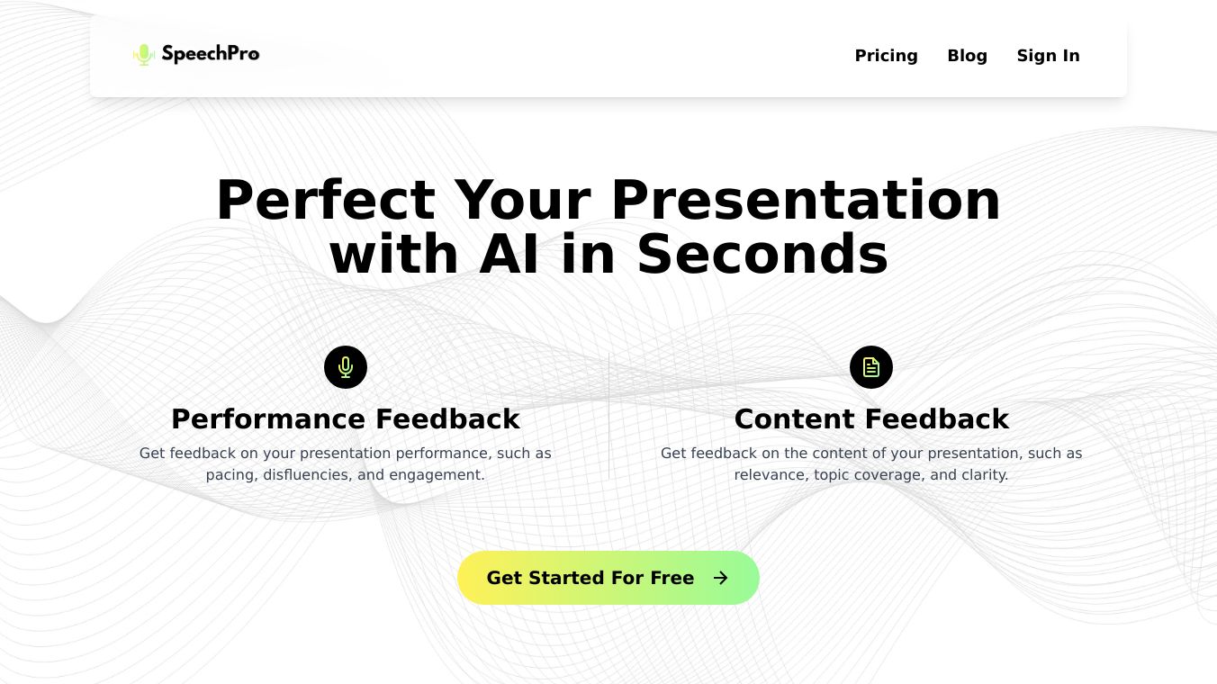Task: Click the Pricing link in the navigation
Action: [x=886, y=56]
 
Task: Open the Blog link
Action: [x=967, y=56]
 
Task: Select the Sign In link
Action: [x=1048, y=56]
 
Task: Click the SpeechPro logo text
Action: [x=211, y=54]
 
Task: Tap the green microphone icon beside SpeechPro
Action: [x=144, y=54]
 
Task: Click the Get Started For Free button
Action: [x=608, y=578]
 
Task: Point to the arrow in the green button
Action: [x=720, y=578]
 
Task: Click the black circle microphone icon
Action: [x=346, y=367]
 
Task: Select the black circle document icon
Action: [x=871, y=367]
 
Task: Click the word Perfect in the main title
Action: [x=326, y=200]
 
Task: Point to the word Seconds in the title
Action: [x=762, y=255]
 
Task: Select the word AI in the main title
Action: [x=509, y=255]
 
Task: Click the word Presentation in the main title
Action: [x=806, y=200]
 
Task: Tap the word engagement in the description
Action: [x=437, y=475]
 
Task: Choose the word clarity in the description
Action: [x=986, y=475]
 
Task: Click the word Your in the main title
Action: [x=523, y=200]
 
